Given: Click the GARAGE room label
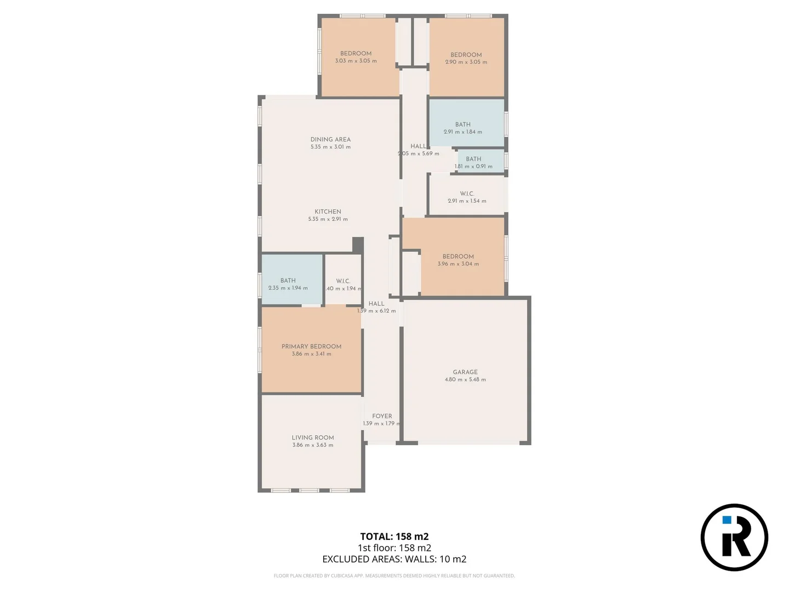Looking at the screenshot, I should [x=465, y=372].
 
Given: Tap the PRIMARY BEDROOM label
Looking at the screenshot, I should [x=311, y=346].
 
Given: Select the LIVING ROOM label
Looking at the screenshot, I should [x=313, y=437].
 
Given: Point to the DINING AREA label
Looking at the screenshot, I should [x=330, y=139].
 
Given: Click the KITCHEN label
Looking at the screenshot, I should [x=328, y=212].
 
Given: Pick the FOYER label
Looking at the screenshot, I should [x=382, y=416].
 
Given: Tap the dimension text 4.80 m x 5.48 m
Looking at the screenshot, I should [x=465, y=379].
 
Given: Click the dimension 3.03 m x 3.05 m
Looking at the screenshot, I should [x=356, y=61].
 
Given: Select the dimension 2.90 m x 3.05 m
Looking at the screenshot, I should [x=466, y=62].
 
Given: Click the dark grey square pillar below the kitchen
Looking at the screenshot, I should [x=358, y=244].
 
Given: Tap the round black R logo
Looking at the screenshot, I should [x=734, y=537].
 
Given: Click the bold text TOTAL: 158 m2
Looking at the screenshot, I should [x=394, y=537].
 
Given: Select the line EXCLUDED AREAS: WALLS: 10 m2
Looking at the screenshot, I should [x=394, y=559].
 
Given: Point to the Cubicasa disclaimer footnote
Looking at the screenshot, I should [x=394, y=576].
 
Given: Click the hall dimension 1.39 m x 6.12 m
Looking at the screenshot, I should [x=376, y=311].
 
